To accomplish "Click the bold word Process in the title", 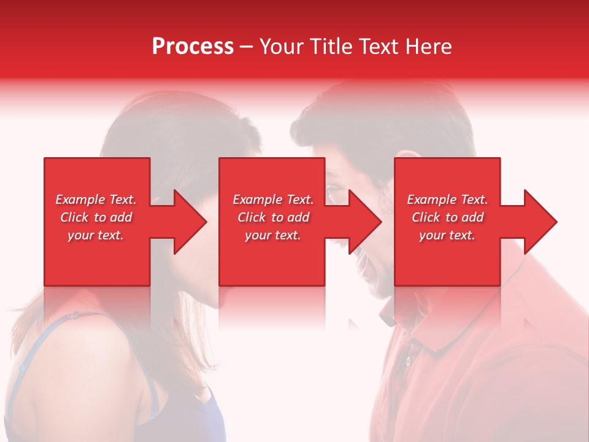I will coord(193,47).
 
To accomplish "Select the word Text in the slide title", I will coord(379,47).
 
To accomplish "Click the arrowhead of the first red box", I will coord(190,222).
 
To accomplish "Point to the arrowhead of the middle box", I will coord(365,222).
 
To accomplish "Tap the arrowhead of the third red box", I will coord(541,222).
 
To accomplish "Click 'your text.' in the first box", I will coord(96,235).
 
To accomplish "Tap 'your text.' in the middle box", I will coord(273,235).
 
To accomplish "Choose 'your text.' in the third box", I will coord(447,235).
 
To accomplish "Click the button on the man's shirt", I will coord(407,361).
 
